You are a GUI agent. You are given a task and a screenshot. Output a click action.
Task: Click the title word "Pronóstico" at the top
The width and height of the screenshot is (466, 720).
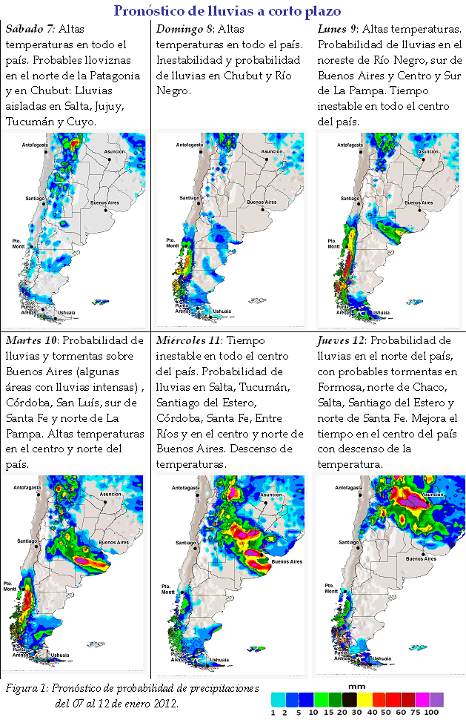(x=153, y=10)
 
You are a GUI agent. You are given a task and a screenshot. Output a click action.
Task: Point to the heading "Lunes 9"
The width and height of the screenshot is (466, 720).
(x=338, y=29)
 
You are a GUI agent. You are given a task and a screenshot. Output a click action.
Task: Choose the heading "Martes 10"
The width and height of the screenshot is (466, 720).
(x=33, y=340)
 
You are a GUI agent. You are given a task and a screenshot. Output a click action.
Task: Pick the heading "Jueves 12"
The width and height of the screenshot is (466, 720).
(x=341, y=340)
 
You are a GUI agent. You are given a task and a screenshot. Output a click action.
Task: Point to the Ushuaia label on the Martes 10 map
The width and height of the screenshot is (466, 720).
(x=59, y=655)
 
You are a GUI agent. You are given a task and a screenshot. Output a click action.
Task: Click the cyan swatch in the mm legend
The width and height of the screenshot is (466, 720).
(x=278, y=698)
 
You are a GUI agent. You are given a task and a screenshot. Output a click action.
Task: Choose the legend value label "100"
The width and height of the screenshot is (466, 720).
(x=433, y=713)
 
